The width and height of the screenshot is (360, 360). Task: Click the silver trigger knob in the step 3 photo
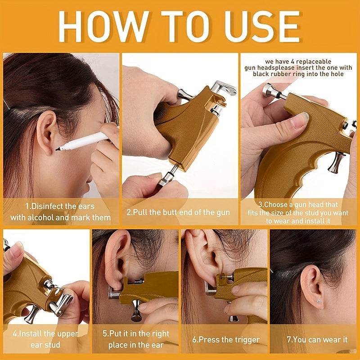click(336, 162)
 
